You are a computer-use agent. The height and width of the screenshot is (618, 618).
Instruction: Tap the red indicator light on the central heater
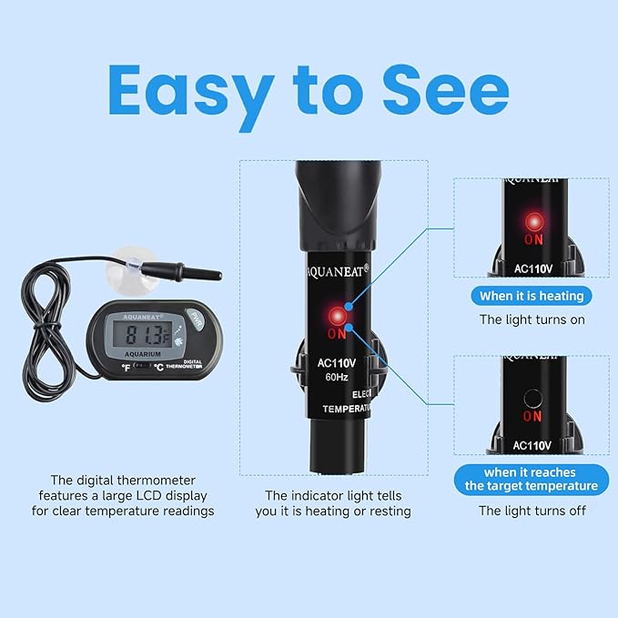339,315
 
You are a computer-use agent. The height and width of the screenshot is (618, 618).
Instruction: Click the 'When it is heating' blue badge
532,295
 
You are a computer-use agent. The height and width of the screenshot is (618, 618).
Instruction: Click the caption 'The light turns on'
532,319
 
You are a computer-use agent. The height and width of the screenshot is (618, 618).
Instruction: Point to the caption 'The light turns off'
532,511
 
